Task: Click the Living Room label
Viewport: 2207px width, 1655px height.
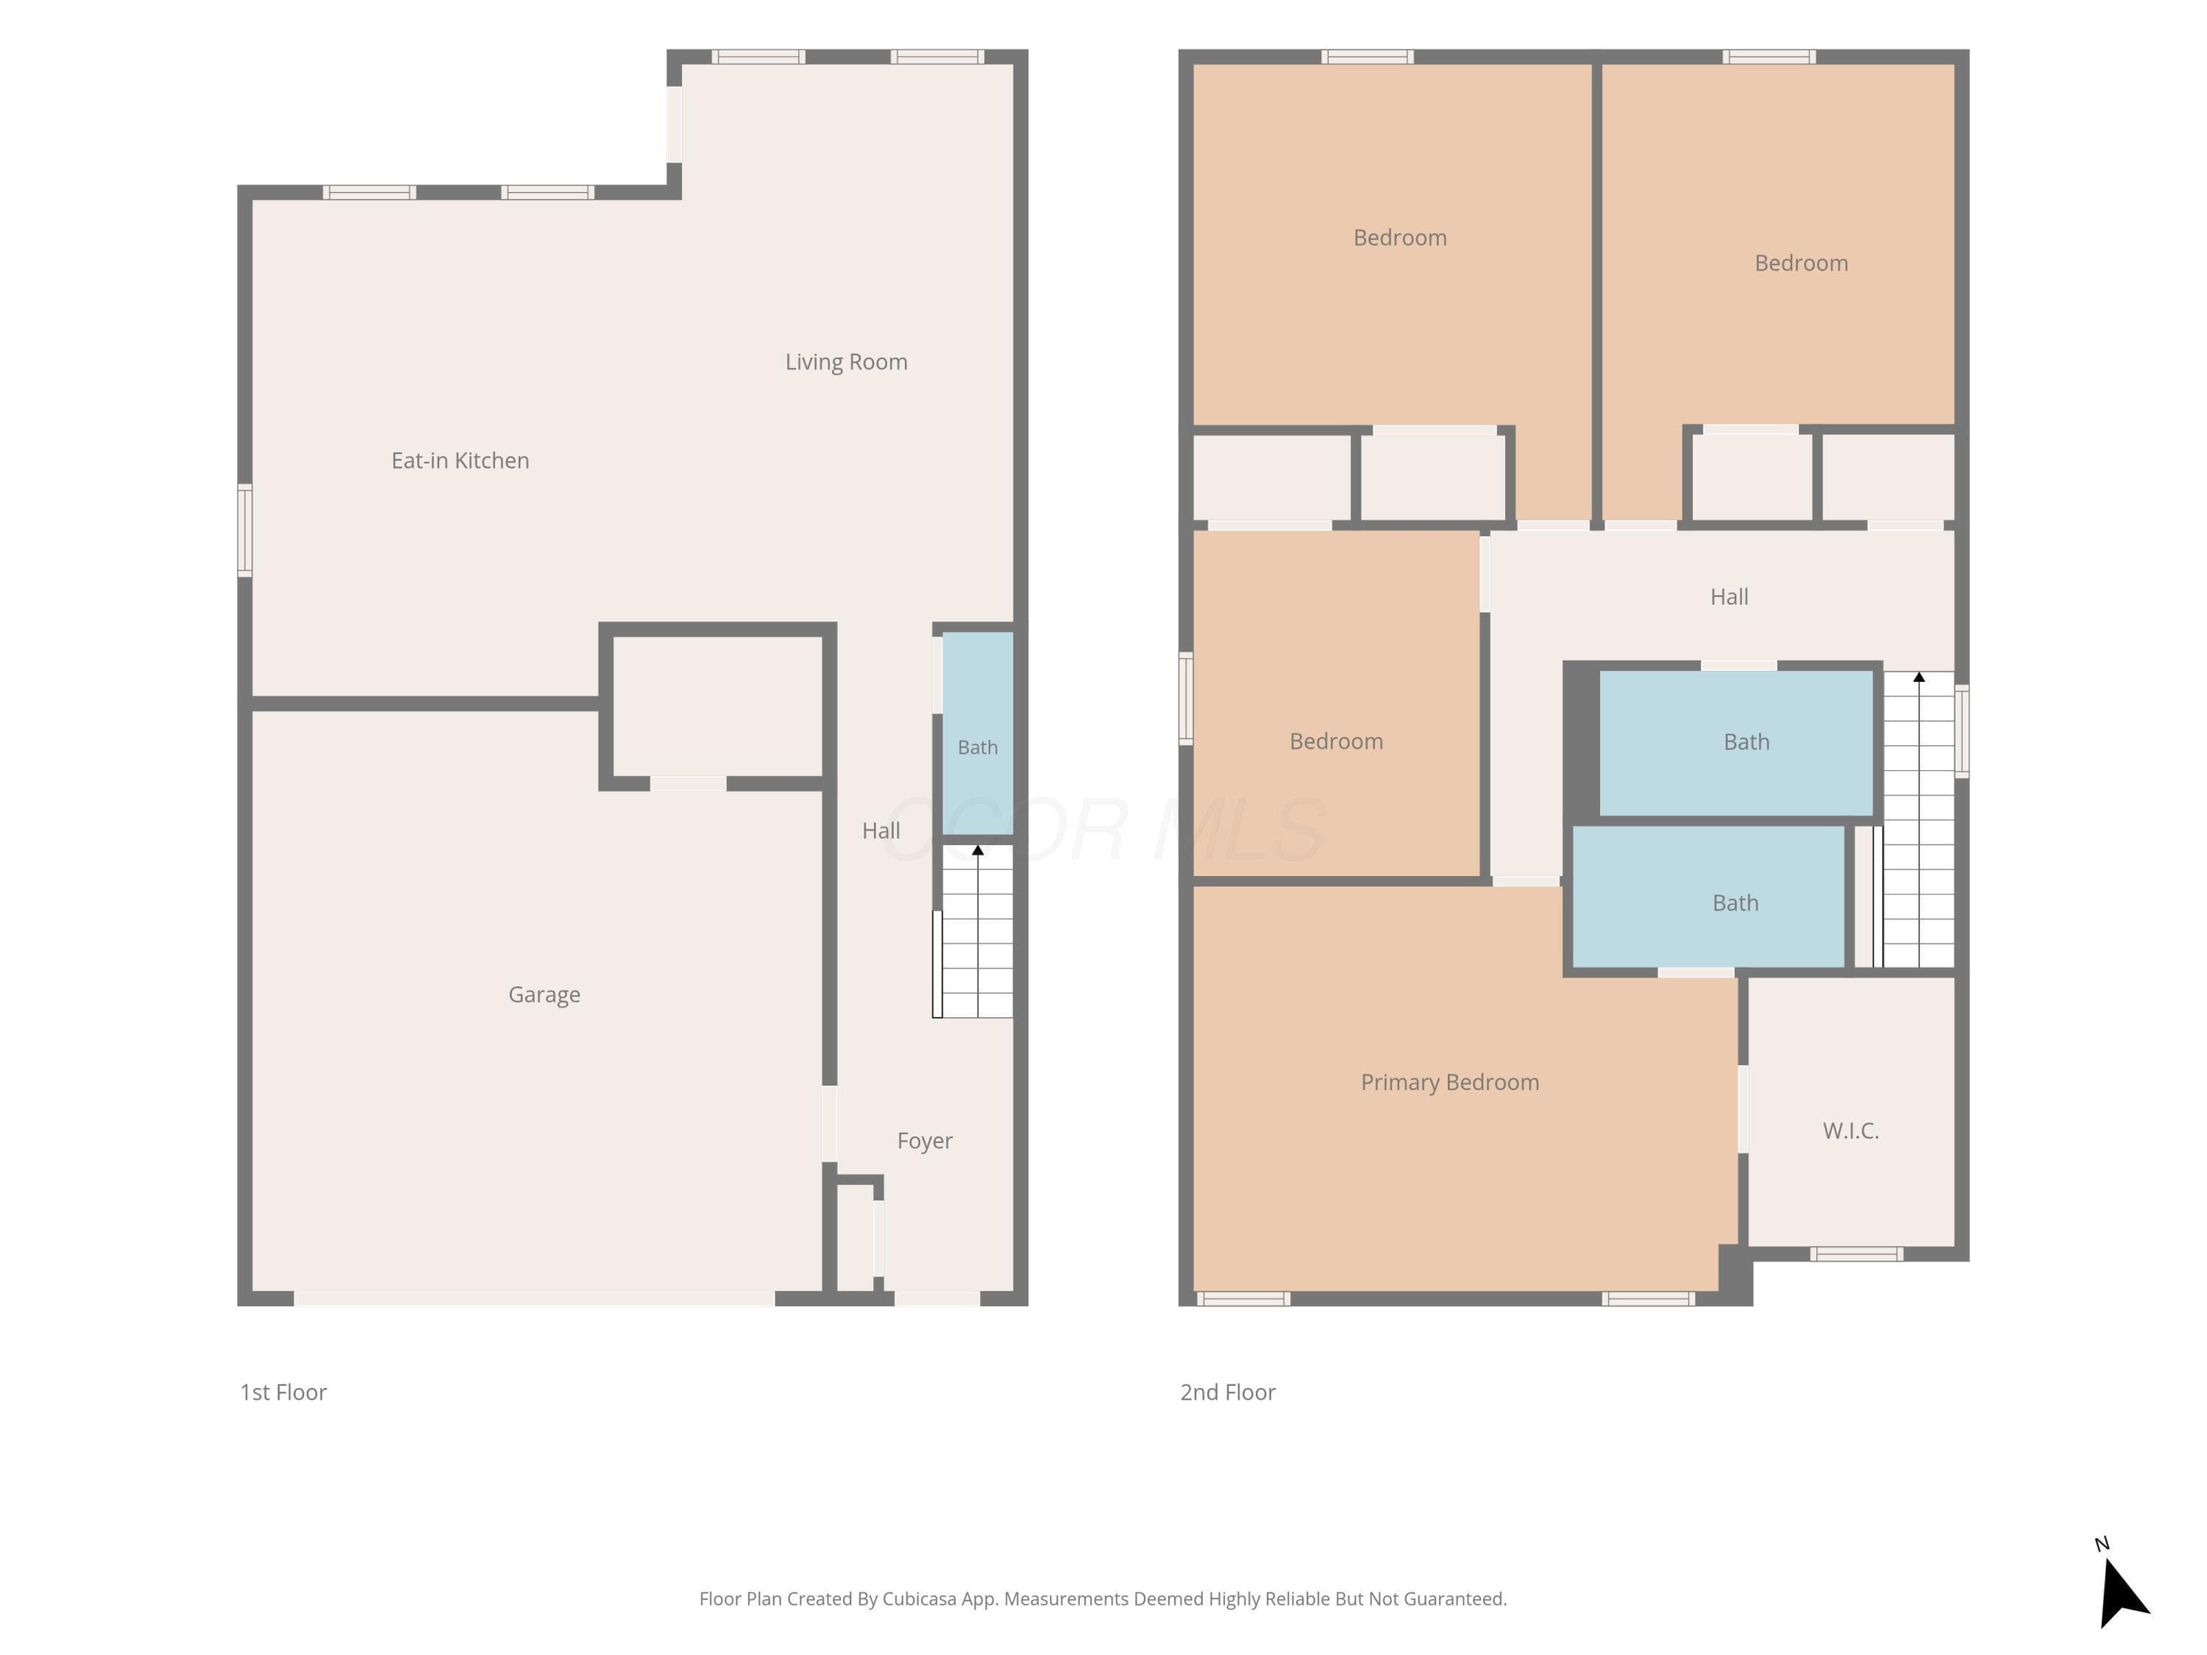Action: point(846,362)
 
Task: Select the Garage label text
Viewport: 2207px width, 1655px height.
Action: point(545,994)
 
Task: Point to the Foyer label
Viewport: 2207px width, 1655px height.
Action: point(925,1142)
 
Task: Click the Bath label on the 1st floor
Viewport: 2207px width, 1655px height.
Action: point(978,747)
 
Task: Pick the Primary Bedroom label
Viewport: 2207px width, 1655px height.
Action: point(1450,1083)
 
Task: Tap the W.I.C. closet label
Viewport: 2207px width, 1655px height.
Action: point(1851,1131)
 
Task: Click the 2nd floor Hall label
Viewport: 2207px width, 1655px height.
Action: point(1729,597)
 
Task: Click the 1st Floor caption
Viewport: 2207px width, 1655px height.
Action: point(283,1392)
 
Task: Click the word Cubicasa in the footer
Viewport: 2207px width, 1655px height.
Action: point(919,1599)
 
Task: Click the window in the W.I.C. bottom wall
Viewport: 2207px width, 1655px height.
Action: point(1856,1254)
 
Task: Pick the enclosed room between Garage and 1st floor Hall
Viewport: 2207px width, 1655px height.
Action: point(717,706)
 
